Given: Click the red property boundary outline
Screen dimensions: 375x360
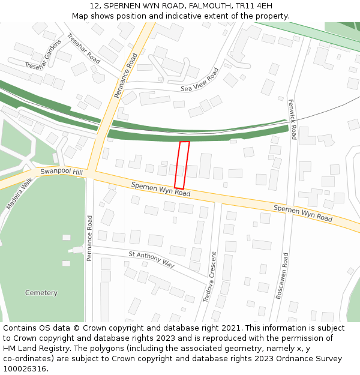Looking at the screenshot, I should [182, 165].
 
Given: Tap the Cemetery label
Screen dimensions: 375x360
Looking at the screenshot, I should [41, 293].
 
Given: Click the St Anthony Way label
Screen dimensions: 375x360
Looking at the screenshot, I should [151, 259].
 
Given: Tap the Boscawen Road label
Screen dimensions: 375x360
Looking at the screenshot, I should [282, 275].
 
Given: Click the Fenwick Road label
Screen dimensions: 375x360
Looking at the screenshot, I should [292, 119].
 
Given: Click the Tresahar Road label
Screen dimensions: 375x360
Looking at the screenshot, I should [83, 49].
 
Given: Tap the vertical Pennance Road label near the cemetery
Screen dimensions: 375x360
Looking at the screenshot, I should [90, 238].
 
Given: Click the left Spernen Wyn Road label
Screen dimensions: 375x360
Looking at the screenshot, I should [161, 189].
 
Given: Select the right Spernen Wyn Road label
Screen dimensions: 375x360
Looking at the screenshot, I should [302, 213].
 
